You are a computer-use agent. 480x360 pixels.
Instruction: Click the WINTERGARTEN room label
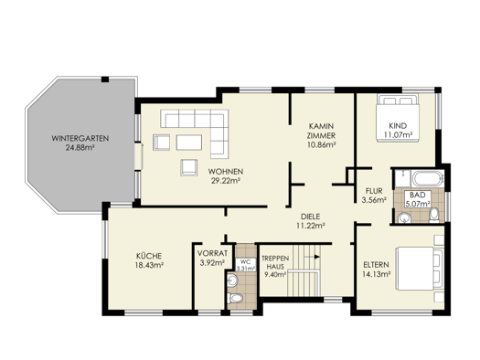[80, 137]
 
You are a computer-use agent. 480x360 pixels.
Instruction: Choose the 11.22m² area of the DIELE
[311, 224]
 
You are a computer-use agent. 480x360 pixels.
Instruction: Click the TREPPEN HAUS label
[275, 263]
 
